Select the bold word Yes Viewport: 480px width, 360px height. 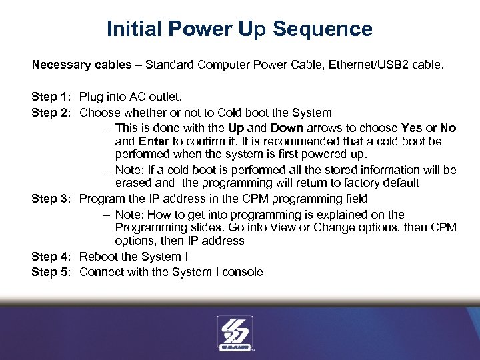pyautogui.click(x=412, y=128)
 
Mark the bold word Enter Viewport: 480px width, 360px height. pyautogui.click(x=154, y=141)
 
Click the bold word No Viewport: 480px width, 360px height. pyautogui.click(x=448, y=128)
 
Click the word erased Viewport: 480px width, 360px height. pyautogui.click(x=134, y=183)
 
